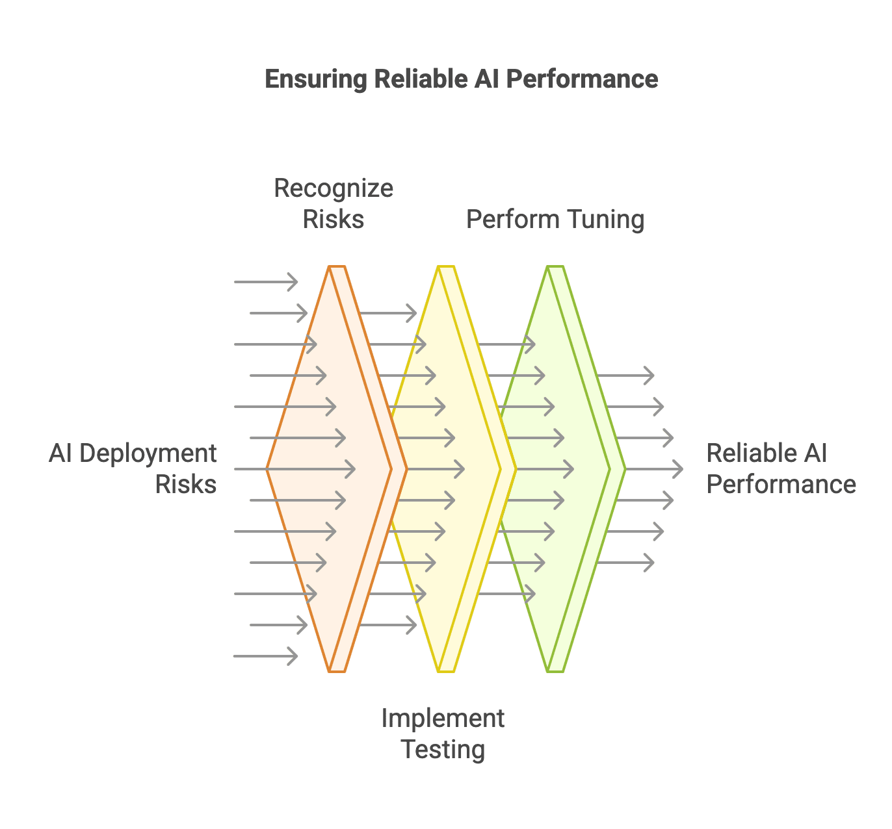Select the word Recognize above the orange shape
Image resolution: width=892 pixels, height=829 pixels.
pyautogui.click(x=334, y=188)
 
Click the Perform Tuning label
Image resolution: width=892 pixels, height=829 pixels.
pyautogui.click(x=555, y=220)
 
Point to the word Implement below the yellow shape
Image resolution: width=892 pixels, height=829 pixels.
pyautogui.click(x=442, y=719)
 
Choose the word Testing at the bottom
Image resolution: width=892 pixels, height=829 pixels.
pyautogui.click(x=443, y=750)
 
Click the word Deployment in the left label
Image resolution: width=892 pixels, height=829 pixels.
pyautogui.click(x=148, y=453)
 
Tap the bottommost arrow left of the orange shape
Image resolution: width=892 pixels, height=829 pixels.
pyautogui.click(x=265, y=656)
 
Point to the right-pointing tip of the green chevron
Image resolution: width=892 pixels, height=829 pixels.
pyautogui.click(x=623, y=468)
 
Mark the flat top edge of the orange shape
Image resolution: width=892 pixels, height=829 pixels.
pyautogui.click(x=337, y=267)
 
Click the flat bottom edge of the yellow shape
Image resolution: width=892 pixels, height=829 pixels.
pyautogui.click(x=446, y=670)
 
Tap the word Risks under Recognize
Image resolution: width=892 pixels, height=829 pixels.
pyautogui.click(x=334, y=220)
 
